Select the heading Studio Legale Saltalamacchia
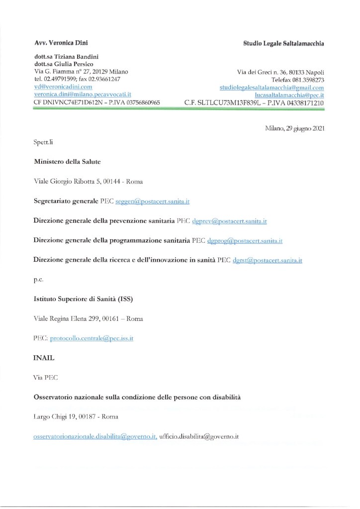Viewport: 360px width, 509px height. click(x=283, y=44)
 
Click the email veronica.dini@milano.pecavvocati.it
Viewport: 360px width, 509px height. click(x=83, y=94)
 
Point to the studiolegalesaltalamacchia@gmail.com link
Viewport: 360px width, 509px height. click(x=272, y=87)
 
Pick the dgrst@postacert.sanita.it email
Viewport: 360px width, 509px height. click(x=268, y=260)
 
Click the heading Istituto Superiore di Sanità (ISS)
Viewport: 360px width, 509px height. click(x=83, y=299)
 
